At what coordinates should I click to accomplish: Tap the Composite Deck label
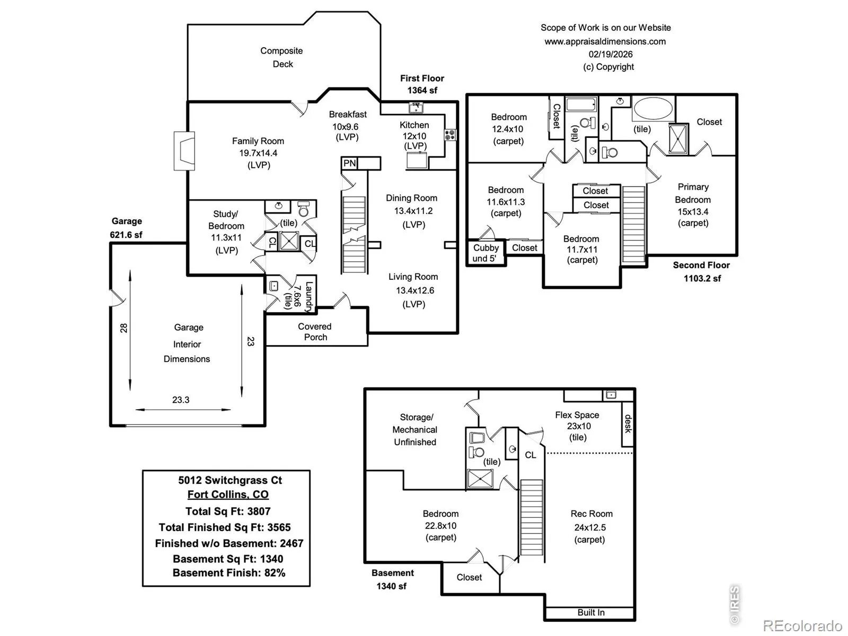[x=282, y=57]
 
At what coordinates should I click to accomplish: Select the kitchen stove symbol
[x=450, y=135]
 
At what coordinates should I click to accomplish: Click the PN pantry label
[x=350, y=163]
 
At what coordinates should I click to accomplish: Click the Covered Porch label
[x=315, y=332]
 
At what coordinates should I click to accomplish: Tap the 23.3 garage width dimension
[x=181, y=400]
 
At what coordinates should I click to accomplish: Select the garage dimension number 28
[x=124, y=328]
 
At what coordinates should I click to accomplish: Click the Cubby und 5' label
[x=486, y=253]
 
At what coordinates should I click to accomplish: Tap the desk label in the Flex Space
[x=628, y=423]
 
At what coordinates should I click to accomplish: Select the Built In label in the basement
[x=591, y=613]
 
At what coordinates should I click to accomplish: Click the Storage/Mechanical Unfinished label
[x=415, y=430]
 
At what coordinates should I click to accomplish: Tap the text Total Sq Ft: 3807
[x=228, y=511]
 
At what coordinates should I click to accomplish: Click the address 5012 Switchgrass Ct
[x=230, y=480]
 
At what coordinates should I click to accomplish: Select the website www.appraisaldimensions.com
[x=605, y=41]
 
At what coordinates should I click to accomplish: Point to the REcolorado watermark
[x=802, y=626]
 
